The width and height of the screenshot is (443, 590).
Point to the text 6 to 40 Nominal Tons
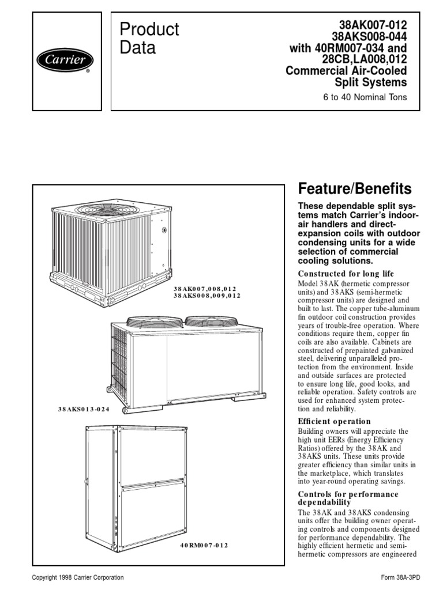click(365, 97)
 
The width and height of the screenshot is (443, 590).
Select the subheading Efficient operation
click(334, 421)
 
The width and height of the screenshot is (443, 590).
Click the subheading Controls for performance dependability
click(348, 498)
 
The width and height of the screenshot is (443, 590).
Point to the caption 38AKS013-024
click(84, 409)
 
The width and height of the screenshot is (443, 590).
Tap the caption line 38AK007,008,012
click(205, 288)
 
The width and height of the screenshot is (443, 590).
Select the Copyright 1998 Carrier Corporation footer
click(78, 577)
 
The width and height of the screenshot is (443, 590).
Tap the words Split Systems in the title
click(380, 82)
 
